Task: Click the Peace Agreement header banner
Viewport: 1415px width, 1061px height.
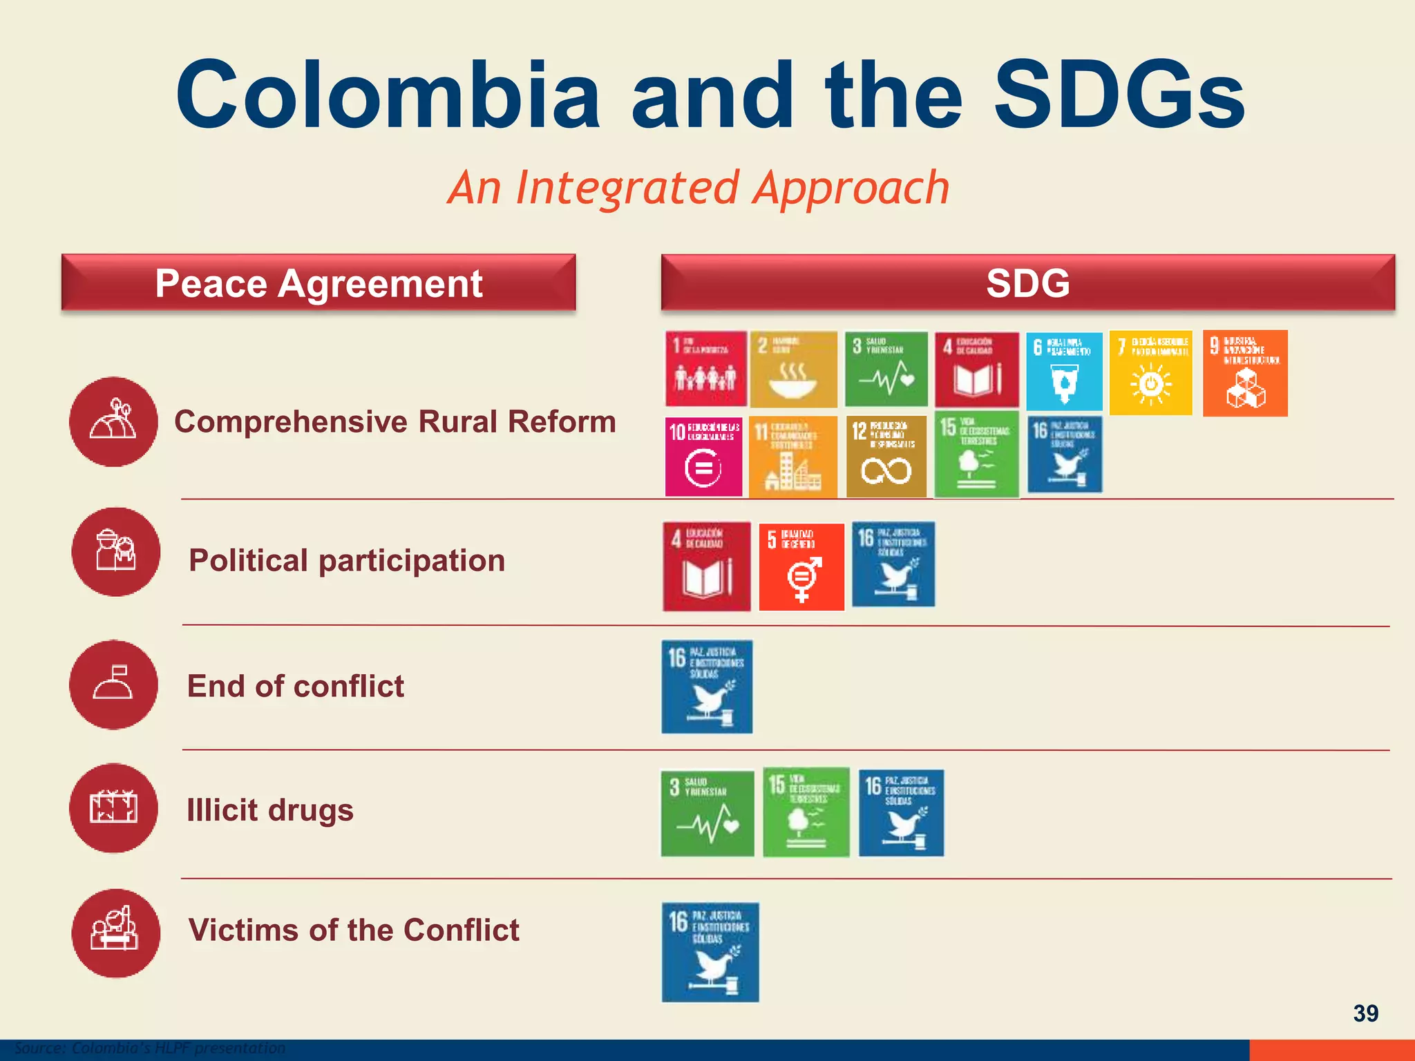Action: coord(319,283)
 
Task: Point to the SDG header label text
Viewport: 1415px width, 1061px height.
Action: coord(1027,283)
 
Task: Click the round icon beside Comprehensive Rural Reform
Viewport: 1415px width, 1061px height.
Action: coord(114,421)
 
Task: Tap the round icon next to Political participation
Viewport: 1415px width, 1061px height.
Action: coord(115,552)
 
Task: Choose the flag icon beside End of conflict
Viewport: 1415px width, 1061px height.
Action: coord(113,685)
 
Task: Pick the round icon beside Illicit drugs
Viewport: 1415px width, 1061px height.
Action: coord(113,808)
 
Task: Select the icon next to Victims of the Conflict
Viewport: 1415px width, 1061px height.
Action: coord(115,933)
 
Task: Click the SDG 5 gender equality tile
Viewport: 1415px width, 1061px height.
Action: coord(801,567)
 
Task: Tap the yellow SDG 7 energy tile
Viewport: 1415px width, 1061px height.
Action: coord(1150,373)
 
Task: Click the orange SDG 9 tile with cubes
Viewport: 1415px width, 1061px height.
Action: coord(1245,373)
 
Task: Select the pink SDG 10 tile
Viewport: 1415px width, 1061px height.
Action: coord(703,457)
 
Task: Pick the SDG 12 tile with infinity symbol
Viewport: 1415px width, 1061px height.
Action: coord(886,457)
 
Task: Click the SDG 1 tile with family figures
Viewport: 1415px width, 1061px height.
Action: coord(705,369)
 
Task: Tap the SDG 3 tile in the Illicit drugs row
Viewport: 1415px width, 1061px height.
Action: coord(707,814)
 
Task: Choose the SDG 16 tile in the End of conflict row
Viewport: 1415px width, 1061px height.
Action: coord(707,687)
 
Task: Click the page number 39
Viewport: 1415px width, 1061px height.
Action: coord(1365,1013)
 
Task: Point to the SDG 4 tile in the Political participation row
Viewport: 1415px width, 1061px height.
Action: coord(706,566)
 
